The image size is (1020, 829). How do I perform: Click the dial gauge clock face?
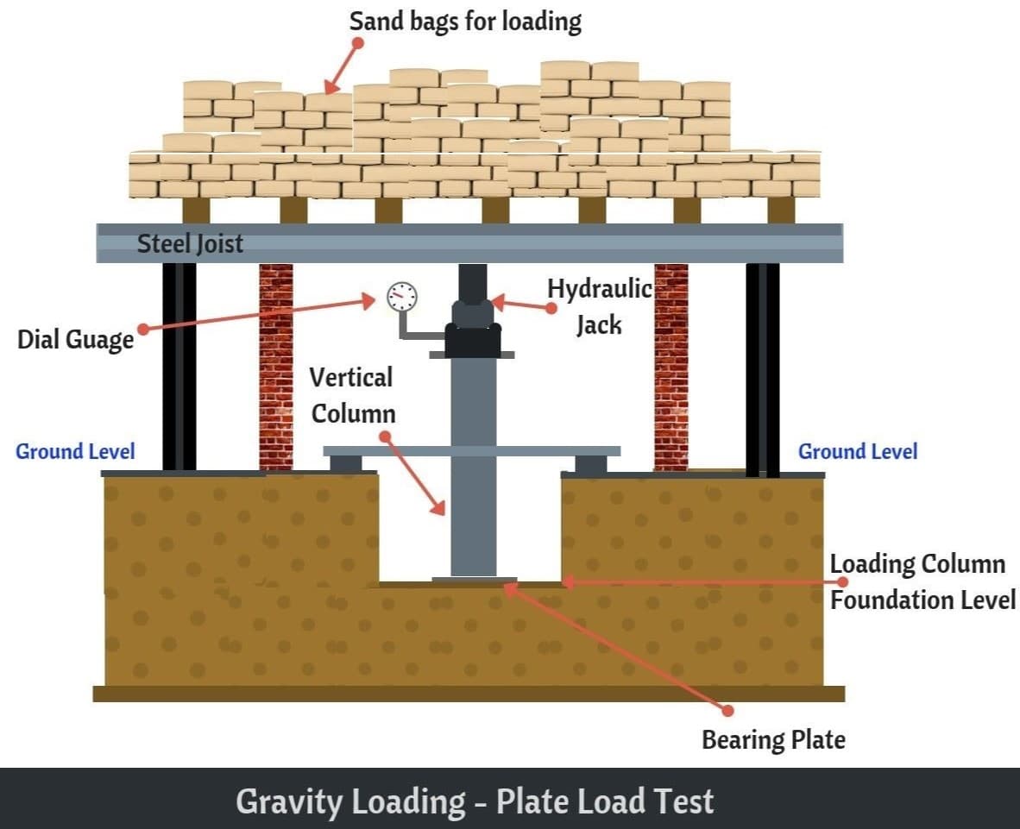(x=402, y=297)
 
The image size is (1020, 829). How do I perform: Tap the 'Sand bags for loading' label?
(x=465, y=21)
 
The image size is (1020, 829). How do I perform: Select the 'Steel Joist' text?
(x=190, y=244)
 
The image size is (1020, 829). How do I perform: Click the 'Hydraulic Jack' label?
(x=599, y=306)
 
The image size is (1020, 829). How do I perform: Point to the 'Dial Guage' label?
(x=75, y=339)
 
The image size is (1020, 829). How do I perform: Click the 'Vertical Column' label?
(x=353, y=395)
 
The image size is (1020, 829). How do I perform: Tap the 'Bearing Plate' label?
(x=773, y=740)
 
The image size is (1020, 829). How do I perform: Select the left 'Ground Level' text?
(x=75, y=451)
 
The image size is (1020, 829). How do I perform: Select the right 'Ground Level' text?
(x=858, y=451)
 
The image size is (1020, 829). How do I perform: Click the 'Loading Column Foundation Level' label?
(x=922, y=582)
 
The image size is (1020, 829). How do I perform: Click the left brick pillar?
(x=276, y=367)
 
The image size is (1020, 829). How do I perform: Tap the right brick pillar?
(x=671, y=367)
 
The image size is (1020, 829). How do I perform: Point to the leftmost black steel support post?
(x=179, y=367)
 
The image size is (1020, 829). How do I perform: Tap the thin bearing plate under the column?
(x=475, y=579)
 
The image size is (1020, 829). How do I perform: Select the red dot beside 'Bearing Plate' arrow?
(x=728, y=711)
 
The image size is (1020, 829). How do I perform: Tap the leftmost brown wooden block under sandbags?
(x=196, y=210)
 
